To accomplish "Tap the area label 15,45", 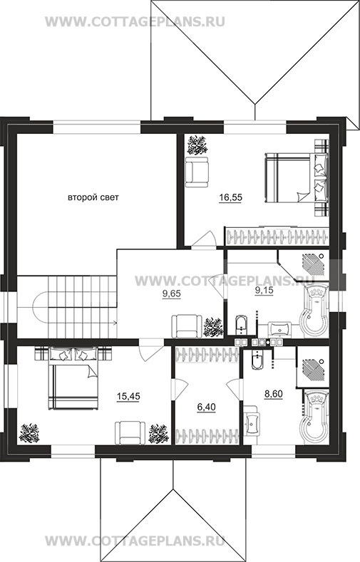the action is (x=128, y=396).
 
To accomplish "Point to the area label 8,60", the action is (x=274, y=395).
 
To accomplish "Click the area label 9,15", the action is (x=264, y=291).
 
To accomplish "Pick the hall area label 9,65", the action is (x=172, y=294).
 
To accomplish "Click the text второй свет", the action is (x=93, y=197).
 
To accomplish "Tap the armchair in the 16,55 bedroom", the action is (x=197, y=172).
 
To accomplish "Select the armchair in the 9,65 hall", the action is (x=187, y=326).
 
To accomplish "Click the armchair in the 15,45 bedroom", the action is (x=130, y=432).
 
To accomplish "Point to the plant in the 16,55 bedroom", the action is (x=197, y=145).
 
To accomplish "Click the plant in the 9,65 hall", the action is (x=213, y=327).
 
